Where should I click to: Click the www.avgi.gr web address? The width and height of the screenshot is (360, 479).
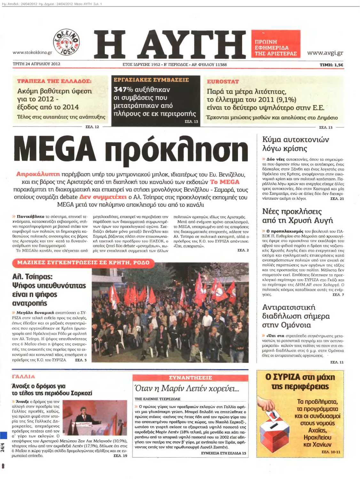pyautogui.click(x=325, y=53)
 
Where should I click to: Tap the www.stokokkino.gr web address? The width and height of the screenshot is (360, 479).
pyautogui.click(x=32, y=52)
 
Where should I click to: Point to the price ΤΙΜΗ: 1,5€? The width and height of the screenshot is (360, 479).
pyautogui.click(x=331, y=65)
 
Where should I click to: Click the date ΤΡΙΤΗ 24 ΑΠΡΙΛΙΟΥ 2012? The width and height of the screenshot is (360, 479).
pyautogui.click(x=36, y=64)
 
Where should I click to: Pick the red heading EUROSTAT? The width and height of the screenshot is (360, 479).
pyautogui.click(x=223, y=82)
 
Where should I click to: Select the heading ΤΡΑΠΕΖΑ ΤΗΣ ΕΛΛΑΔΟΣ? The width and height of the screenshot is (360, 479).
pyautogui.click(x=54, y=81)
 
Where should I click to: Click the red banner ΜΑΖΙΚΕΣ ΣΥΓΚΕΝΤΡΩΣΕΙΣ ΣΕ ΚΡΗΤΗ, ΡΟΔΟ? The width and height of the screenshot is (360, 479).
pyautogui.click(x=83, y=263)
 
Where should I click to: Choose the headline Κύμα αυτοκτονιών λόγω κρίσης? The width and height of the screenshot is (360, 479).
pyautogui.click(x=295, y=144)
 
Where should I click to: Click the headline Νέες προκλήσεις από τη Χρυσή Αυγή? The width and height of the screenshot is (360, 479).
pyautogui.click(x=297, y=216)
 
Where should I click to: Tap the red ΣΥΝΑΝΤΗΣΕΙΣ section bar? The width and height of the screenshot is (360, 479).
pyautogui.click(x=190, y=378)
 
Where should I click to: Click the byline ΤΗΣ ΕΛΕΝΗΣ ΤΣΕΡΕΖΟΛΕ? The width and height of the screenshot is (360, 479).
pyautogui.click(x=158, y=399)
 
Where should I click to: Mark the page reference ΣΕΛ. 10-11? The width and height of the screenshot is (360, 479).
pyautogui.click(x=331, y=452)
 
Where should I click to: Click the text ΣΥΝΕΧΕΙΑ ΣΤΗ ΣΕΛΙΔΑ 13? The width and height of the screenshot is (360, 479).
pyautogui.click(x=223, y=453)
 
